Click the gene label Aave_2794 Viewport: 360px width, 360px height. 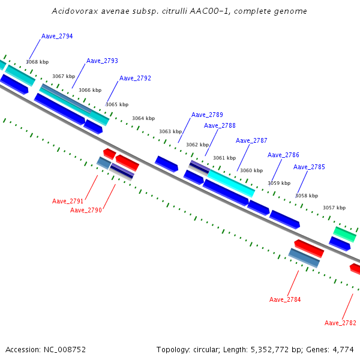(x=57, y=37)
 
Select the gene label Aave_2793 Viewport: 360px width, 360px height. (x=102, y=61)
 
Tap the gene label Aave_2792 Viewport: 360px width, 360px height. (x=135, y=79)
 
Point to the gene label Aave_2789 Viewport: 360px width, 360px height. (x=207, y=115)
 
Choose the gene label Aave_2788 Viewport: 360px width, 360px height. (x=220, y=125)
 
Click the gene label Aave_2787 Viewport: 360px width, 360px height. (x=251, y=140)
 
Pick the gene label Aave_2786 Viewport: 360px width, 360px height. (x=283, y=155)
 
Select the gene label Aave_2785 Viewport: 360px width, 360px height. (x=309, y=167)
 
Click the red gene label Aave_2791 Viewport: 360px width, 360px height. (x=68, y=202)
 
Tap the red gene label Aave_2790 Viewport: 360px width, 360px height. (x=86, y=210)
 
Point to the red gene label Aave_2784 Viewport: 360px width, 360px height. (x=285, y=299)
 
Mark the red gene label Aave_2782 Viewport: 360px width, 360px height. (x=340, y=323)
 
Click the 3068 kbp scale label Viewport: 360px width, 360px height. (x=37, y=62)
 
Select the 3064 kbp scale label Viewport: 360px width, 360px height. (x=143, y=118)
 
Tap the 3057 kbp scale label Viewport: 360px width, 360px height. (x=334, y=208)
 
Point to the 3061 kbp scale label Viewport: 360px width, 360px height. (x=224, y=158)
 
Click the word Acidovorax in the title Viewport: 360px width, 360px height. (x=72, y=11)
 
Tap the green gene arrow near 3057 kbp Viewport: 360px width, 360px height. (x=344, y=234)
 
